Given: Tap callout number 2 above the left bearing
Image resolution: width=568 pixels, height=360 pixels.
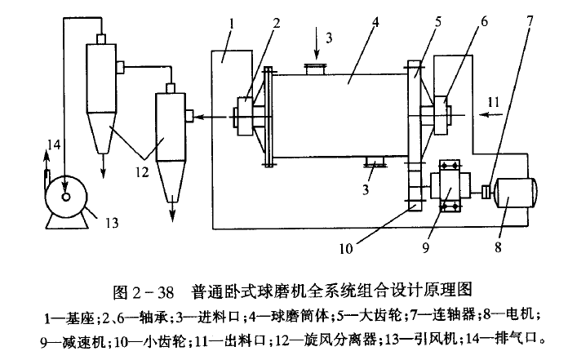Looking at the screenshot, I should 279,22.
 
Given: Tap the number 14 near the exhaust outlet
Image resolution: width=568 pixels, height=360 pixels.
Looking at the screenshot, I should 53,146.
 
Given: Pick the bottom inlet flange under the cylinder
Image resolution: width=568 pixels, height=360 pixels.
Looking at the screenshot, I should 375,162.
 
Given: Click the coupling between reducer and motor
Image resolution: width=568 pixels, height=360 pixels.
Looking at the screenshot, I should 485,193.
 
